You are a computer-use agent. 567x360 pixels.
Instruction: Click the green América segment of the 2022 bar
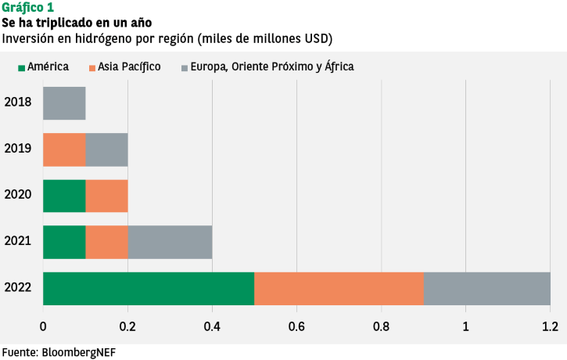pyautogui.click(x=149, y=288)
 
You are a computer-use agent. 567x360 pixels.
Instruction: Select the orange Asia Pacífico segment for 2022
pyautogui.click(x=339, y=288)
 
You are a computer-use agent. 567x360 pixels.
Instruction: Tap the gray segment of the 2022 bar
pyautogui.click(x=486, y=288)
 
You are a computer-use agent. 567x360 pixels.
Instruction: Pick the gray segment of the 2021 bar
pyautogui.click(x=170, y=242)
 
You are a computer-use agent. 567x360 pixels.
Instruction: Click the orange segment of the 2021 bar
pyautogui.click(x=106, y=242)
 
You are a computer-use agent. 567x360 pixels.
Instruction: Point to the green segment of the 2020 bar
pyautogui.click(x=64, y=196)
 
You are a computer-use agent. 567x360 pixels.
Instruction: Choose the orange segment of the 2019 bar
pyautogui.click(x=64, y=149)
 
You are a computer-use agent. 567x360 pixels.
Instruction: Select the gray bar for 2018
pyautogui.click(x=64, y=103)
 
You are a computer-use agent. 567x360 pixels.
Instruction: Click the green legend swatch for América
pyautogui.click(x=22, y=67)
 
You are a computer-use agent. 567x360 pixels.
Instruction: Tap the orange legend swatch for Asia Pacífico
pyautogui.click(x=94, y=67)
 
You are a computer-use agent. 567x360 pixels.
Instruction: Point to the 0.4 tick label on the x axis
pyautogui.click(x=212, y=326)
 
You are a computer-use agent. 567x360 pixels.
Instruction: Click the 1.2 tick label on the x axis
pyautogui.click(x=550, y=326)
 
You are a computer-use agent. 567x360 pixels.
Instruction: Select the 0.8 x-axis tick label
pyautogui.click(x=381, y=326)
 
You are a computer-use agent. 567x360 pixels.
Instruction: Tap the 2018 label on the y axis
pyautogui.click(x=17, y=102)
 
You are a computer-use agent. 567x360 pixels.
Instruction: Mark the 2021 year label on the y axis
pyautogui.click(x=17, y=240)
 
